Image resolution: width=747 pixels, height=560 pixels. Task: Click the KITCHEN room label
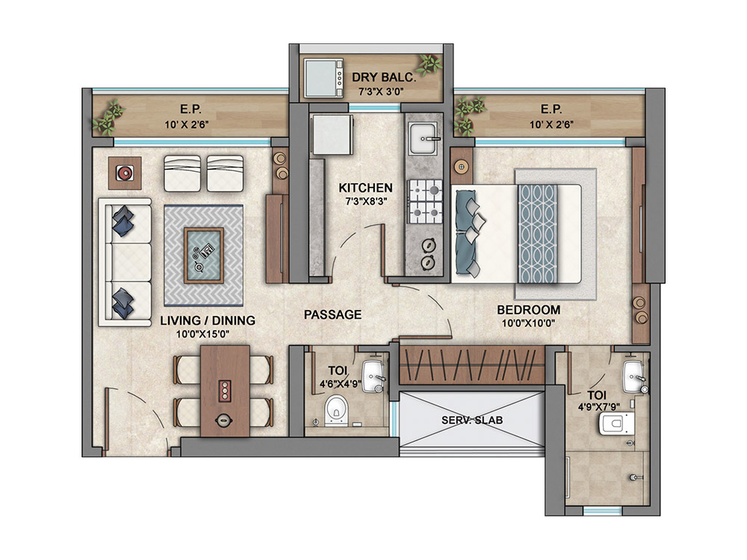(x=365, y=187)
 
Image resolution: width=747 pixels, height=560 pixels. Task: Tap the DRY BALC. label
(x=384, y=78)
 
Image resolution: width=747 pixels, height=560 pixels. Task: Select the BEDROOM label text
(x=528, y=310)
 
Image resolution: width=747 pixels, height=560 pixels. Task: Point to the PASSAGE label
(x=332, y=315)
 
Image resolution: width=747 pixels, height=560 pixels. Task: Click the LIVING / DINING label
(x=207, y=320)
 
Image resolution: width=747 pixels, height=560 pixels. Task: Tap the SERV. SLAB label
(x=471, y=420)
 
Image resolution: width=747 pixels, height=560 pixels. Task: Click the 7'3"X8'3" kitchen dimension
(x=365, y=201)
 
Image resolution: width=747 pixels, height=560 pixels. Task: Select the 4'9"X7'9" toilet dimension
(x=598, y=407)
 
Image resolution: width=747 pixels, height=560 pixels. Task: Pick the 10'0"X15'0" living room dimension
(x=203, y=335)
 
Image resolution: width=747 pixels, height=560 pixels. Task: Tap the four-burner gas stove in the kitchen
(x=424, y=202)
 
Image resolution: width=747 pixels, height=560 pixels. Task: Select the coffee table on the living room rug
(x=204, y=255)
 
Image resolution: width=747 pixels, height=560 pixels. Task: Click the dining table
(x=225, y=391)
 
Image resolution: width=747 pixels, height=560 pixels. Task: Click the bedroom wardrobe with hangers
(x=471, y=366)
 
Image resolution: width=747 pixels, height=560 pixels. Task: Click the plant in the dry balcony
(x=430, y=63)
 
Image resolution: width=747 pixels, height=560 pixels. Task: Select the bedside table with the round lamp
(x=461, y=167)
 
